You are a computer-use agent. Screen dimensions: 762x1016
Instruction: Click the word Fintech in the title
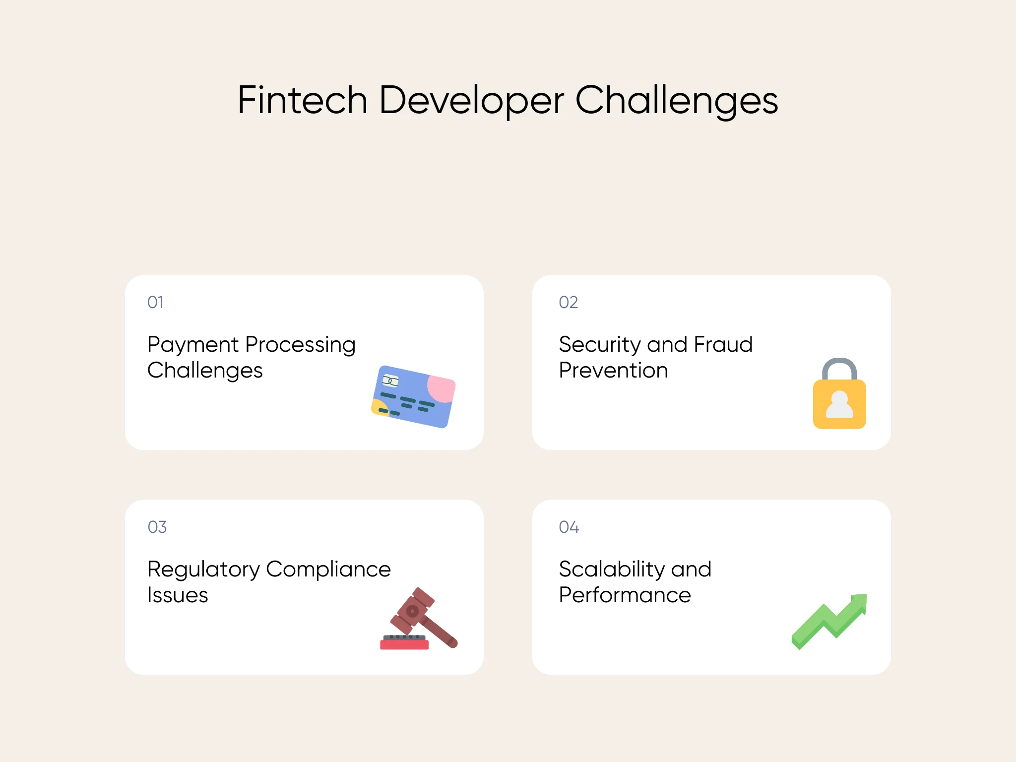(302, 100)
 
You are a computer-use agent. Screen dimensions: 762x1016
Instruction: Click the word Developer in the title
(471, 100)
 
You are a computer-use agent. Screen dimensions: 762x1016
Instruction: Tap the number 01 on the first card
(155, 302)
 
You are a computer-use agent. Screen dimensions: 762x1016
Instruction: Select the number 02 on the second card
(568, 302)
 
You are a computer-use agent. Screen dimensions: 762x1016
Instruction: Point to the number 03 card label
(157, 527)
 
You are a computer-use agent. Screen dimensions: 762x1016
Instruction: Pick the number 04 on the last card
(569, 527)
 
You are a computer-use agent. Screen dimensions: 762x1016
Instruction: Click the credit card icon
(413, 397)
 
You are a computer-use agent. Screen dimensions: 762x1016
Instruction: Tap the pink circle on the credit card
(441, 388)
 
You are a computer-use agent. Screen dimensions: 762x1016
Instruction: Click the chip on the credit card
(390, 381)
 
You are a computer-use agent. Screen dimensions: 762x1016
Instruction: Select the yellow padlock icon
(839, 403)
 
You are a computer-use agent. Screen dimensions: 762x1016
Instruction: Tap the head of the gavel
(412, 610)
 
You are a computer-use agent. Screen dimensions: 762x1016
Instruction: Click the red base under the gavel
(404, 644)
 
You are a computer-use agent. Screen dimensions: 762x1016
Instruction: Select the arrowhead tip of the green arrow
(860, 602)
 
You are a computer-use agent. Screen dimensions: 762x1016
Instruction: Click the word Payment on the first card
(193, 345)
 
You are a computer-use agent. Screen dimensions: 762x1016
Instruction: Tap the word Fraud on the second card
(723, 344)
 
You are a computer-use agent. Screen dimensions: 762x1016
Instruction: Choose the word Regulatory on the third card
(203, 570)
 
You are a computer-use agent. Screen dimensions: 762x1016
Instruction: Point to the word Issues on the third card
(178, 595)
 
